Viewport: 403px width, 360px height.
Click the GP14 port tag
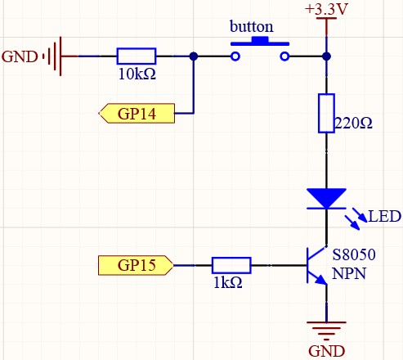(x=137, y=114)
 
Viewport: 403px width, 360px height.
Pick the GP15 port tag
(x=136, y=265)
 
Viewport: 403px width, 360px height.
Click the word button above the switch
(x=251, y=27)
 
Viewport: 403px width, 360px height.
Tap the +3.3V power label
(x=326, y=9)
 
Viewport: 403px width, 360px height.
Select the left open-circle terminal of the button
(x=235, y=56)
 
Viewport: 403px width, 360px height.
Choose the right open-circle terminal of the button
(x=284, y=56)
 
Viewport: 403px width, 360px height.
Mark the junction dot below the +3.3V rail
(x=326, y=56)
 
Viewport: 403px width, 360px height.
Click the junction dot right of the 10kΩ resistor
(x=194, y=56)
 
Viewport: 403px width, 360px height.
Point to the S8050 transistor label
(x=354, y=254)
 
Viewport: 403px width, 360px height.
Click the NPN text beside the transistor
(x=349, y=273)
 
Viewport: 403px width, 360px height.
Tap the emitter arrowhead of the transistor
(x=321, y=280)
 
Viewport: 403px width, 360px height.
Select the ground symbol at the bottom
(x=326, y=331)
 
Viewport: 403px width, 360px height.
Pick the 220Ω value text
(x=353, y=123)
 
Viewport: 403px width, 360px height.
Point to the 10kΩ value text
(x=137, y=74)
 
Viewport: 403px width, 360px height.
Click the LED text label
(x=384, y=217)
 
